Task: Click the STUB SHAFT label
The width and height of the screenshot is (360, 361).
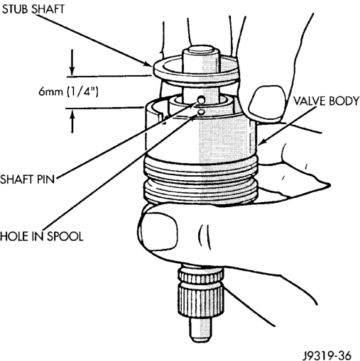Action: (x=33, y=9)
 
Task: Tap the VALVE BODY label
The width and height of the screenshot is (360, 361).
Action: (x=327, y=101)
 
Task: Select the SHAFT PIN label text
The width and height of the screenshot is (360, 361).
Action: (x=28, y=179)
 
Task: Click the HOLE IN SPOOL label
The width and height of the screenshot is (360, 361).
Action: (x=42, y=236)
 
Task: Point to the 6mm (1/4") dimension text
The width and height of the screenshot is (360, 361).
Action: (x=68, y=91)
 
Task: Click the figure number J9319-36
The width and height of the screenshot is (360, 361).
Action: (x=328, y=355)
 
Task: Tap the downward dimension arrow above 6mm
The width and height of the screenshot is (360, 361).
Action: (x=72, y=62)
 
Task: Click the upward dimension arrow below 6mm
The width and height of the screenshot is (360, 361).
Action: (x=72, y=121)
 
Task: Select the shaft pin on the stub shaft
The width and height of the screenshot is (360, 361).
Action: (x=202, y=101)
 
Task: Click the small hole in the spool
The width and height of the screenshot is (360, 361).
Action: (x=201, y=112)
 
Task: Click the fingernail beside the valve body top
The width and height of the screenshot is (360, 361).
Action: (x=267, y=101)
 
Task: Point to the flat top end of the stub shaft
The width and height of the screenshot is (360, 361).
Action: (x=200, y=50)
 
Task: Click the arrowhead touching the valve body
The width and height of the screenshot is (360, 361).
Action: (x=262, y=142)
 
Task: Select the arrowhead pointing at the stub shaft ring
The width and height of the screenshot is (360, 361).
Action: (x=148, y=63)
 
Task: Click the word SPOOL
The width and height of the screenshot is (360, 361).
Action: (x=65, y=236)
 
